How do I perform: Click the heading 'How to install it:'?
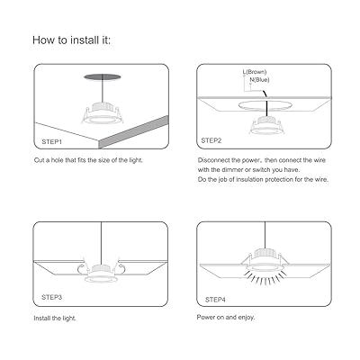(x=71, y=40)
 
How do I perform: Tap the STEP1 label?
(x=52, y=141)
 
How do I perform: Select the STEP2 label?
(x=211, y=140)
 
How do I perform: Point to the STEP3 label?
(x=52, y=297)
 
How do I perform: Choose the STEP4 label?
(x=215, y=300)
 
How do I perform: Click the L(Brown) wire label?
(x=255, y=72)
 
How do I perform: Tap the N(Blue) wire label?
(x=259, y=80)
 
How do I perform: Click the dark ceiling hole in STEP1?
(x=103, y=76)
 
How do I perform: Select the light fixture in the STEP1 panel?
(x=103, y=113)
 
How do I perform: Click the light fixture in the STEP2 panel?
(x=266, y=126)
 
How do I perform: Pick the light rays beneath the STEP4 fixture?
(x=265, y=278)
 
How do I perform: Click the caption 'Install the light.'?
(x=55, y=318)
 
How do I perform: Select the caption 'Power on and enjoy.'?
(x=226, y=317)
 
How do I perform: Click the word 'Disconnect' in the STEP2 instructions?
(x=215, y=160)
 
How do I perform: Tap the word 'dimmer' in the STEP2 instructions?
(x=232, y=170)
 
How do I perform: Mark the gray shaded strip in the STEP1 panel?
(x=133, y=132)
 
